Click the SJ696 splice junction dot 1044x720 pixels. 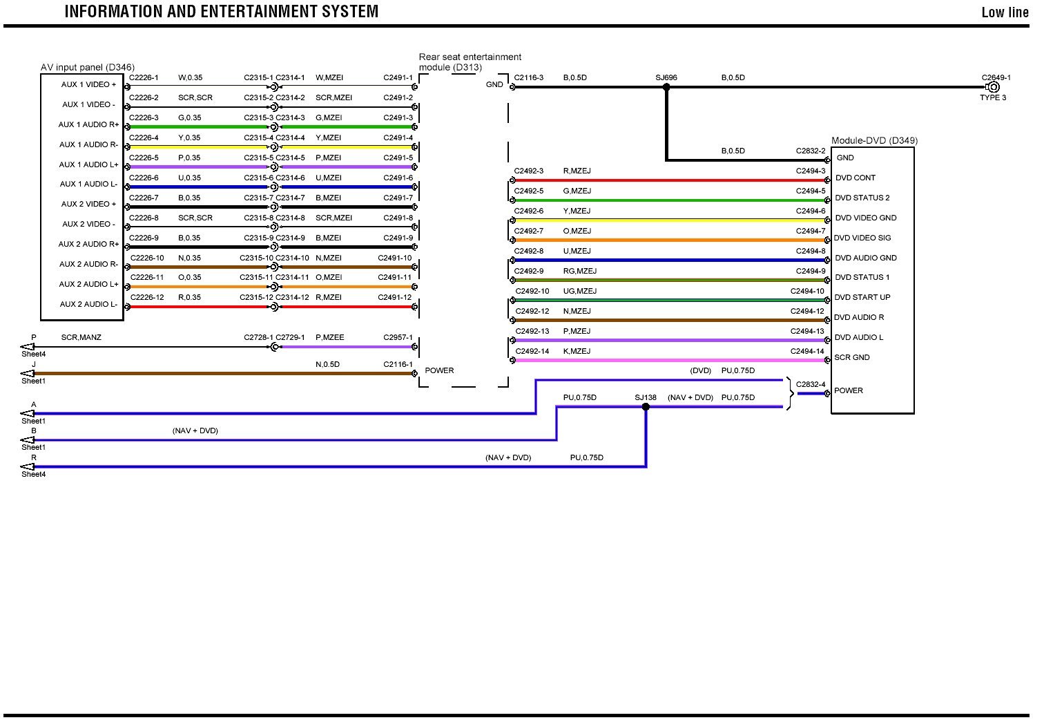pyautogui.click(x=666, y=88)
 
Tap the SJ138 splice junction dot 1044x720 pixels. pyautogui.click(x=646, y=407)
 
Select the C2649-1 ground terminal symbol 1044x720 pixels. pyautogui.click(x=994, y=88)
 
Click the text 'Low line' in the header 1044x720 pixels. pyautogui.click(x=1005, y=12)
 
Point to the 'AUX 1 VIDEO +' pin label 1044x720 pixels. pyautogui.click(x=89, y=84)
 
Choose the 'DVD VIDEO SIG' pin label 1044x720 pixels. pyautogui.click(x=862, y=238)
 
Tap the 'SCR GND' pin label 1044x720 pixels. pyautogui.click(x=851, y=357)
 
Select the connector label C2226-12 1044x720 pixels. pyautogui.click(x=147, y=297)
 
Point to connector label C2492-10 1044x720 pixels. pyautogui.click(x=532, y=291)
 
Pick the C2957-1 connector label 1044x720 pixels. pyautogui.click(x=398, y=337)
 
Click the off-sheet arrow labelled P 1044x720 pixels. pyautogui.click(x=28, y=347)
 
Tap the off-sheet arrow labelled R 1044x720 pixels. pyautogui.click(x=28, y=467)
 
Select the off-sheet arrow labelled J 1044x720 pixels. pyautogui.click(x=28, y=374)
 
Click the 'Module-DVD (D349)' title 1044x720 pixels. pyautogui.click(x=874, y=140)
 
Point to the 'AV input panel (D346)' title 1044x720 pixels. pyautogui.click(x=88, y=67)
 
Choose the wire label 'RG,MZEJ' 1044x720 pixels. pyautogui.click(x=579, y=271)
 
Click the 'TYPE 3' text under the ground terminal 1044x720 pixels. pyautogui.click(x=993, y=97)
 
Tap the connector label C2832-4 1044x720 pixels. pyautogui.click(x=810, y=384)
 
